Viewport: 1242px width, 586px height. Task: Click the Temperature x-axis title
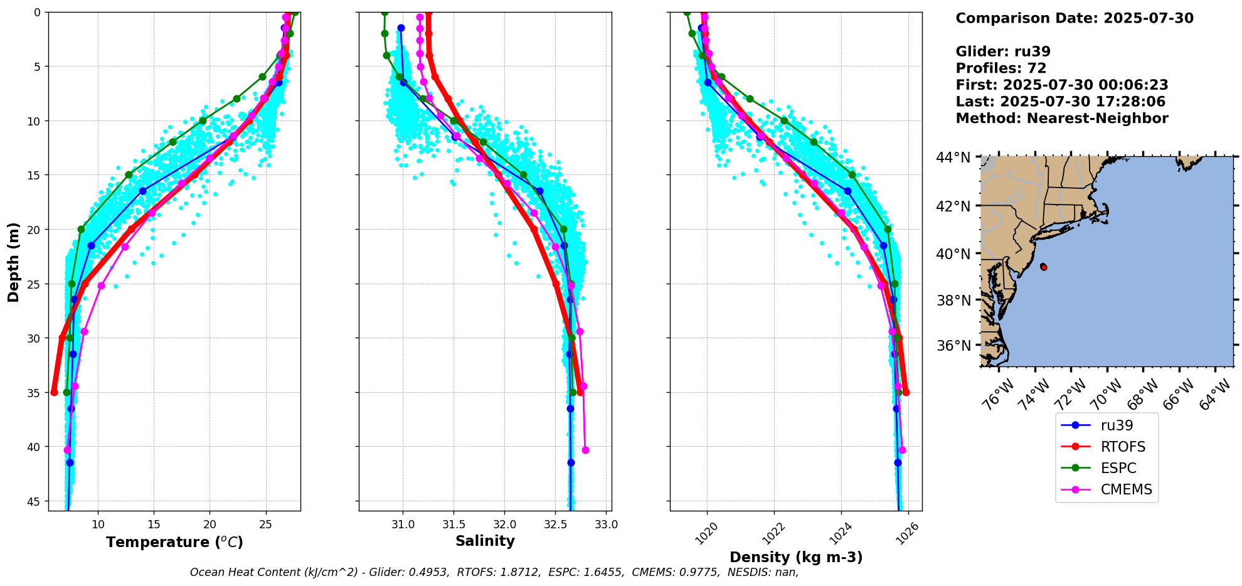click(174, 542)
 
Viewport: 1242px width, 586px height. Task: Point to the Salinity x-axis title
click(485, 541)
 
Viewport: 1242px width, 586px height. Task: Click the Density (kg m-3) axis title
click(796, 557)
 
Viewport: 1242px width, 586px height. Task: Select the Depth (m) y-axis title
click(14, 262)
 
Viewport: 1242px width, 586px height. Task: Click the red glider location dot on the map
click(1043, 267)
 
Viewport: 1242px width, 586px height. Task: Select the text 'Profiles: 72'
click(1001, 68)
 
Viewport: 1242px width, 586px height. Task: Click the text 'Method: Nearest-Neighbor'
click(1061, 119)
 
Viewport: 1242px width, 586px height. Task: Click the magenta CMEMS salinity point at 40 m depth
click(585, 450)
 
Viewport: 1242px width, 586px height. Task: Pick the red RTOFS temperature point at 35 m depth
click(54, 392)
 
